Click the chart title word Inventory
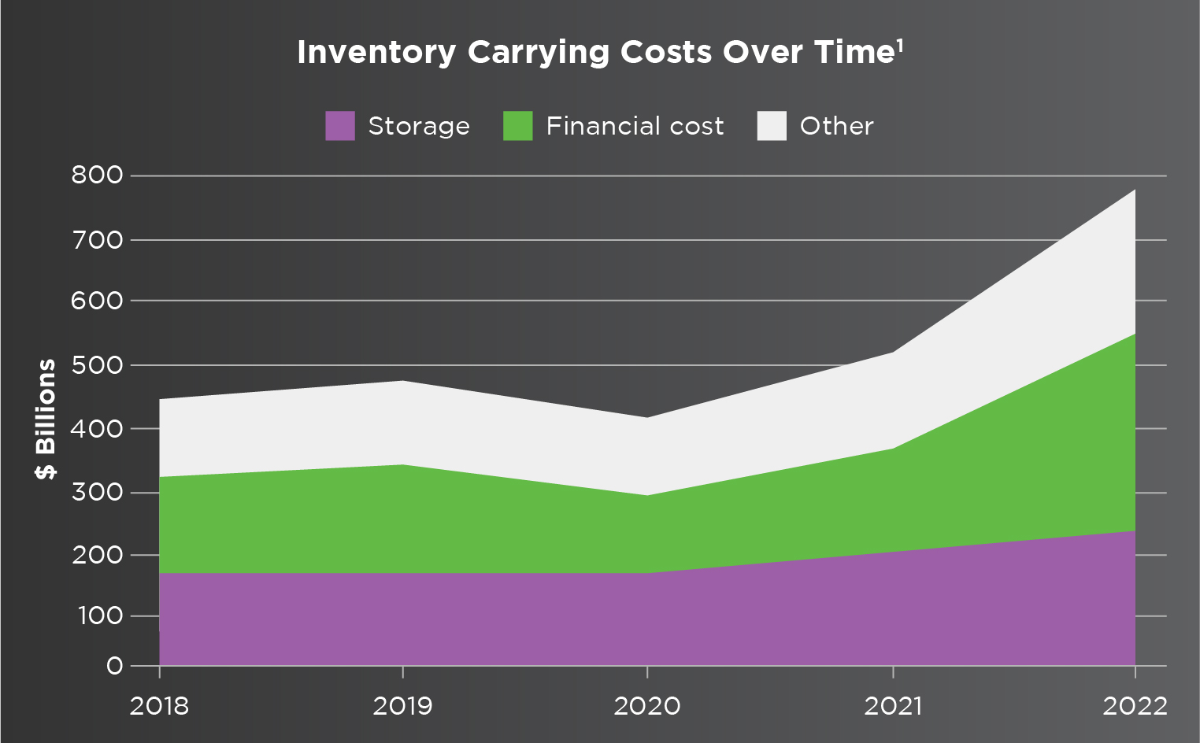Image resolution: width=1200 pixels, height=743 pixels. click(376, 53)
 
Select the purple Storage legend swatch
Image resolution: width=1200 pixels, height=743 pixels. click(340, 126)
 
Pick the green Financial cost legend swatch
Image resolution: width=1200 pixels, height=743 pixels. click(518, 126)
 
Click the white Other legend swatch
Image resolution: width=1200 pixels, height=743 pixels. click(772, 126)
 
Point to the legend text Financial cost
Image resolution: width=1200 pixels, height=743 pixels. click(635, 126)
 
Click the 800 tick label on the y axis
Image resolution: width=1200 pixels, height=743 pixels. click(98, 175)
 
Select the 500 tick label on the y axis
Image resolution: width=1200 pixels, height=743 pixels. click(98, 365)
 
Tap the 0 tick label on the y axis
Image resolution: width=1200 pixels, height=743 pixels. click(115, 666)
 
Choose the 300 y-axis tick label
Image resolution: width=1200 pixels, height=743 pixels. click(98, 493)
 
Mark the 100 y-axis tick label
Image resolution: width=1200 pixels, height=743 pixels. click(100, 615)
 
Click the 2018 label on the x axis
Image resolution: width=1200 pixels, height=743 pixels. click(159, 705)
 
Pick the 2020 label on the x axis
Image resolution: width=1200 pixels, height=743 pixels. click(647, 705)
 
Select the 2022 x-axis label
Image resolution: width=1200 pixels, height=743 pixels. click(1135, 705)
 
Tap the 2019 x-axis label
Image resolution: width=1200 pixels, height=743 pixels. click(402, 705)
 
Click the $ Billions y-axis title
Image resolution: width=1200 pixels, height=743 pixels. click(46, 419)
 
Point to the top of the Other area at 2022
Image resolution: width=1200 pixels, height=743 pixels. click(1135, 190)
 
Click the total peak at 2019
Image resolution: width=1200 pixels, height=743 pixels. click(403, 381)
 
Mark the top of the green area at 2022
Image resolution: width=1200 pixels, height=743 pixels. click(1135, 334)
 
